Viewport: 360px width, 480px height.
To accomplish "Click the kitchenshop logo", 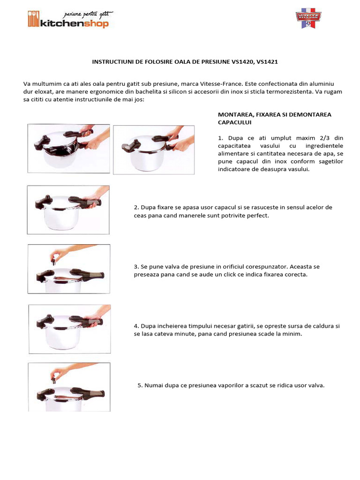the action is (69, 20).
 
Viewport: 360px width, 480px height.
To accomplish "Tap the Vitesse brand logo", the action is (308, 18).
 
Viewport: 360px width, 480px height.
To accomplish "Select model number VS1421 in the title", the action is (267, 62).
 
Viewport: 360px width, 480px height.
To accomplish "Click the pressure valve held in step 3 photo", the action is (53, 261).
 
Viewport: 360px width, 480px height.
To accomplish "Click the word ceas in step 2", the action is (140, 216).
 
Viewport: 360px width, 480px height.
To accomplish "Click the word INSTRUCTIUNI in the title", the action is (113, 62).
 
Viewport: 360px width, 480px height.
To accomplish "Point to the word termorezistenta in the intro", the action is (289, 92).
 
